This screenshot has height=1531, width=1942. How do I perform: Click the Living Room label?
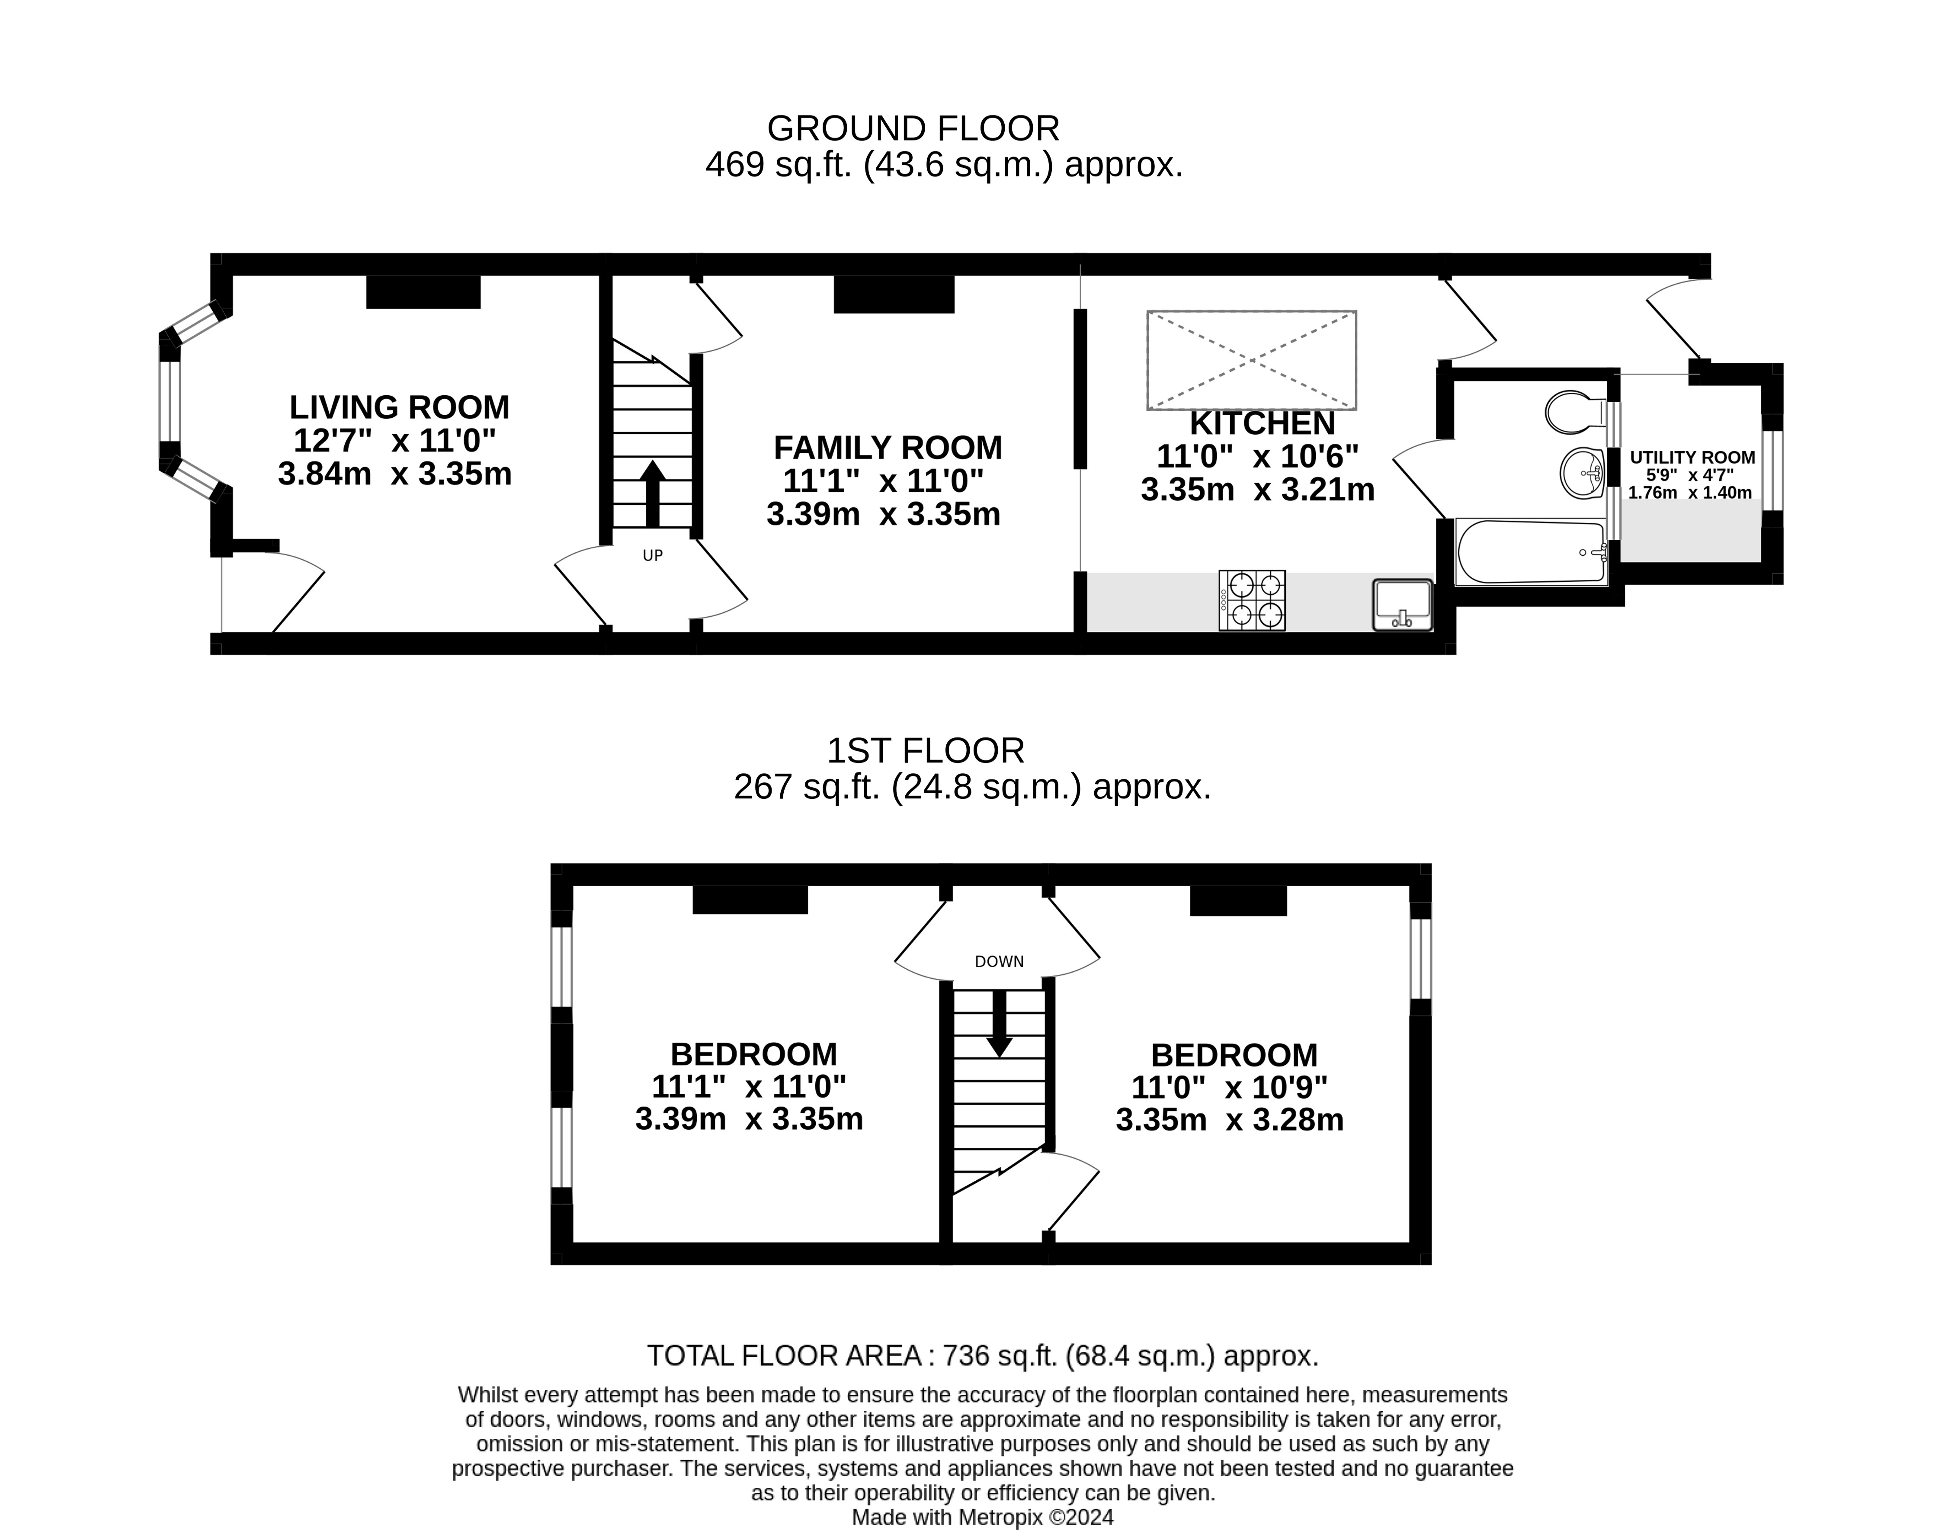[x=399, y=408]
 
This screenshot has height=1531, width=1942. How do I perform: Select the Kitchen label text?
[x=1262, y=423]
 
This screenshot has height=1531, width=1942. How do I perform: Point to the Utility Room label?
[x=1692, y=457]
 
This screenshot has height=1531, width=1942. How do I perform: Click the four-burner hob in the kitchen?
[x=1252, y=600]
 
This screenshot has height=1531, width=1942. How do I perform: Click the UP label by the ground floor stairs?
[x=653, y=556]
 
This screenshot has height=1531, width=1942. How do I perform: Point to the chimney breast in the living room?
[x=423, y=292]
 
